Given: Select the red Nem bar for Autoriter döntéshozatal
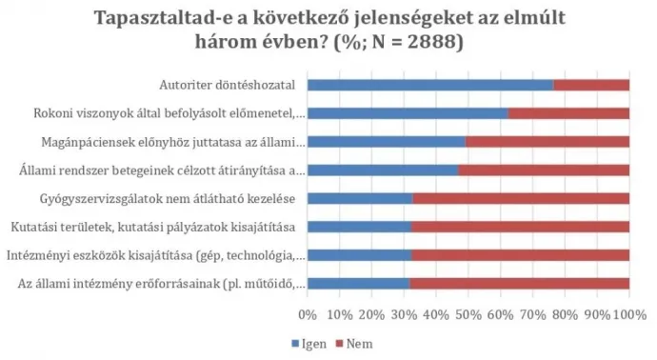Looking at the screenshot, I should click(x=590, y=86).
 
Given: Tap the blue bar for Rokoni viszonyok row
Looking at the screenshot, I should click(x=408, y=114).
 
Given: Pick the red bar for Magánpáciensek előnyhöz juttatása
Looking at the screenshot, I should click(x=547, y=143).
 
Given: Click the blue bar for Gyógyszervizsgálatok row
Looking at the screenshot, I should click(x=360, y=199).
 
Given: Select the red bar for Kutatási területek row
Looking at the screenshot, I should click(x=520, y=228).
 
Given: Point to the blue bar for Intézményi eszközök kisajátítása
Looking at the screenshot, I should click(x=360, y=255).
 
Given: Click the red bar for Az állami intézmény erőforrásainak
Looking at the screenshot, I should click(x=519, y=284).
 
